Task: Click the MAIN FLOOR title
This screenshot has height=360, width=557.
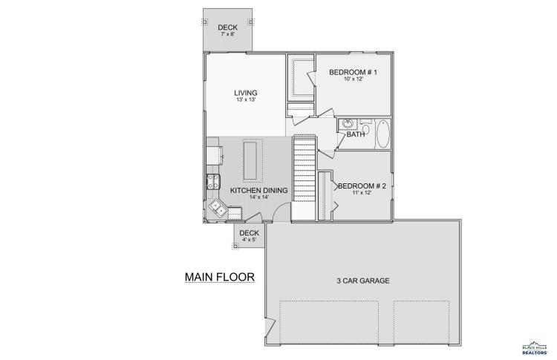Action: [220, 277]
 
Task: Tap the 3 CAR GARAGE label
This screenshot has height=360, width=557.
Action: [362, 281]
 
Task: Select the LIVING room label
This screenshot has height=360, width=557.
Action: [246, 93]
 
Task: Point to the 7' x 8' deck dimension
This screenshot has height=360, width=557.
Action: [228, 34]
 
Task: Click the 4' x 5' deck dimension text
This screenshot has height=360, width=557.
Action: [249, 240]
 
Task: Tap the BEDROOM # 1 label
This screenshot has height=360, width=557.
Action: [353, 73]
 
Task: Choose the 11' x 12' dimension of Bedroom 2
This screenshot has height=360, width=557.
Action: [362, 193]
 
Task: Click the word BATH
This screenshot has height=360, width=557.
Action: [355, 134]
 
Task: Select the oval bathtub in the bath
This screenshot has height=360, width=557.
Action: [382, 134]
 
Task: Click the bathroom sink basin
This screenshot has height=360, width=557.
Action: [348, 124]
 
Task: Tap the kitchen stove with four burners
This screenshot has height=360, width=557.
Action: [213, 181]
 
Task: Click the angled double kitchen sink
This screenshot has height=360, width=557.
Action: [218, 208]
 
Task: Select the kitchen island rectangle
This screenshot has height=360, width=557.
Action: [250, 161]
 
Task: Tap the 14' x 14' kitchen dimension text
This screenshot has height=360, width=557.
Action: [259, 197]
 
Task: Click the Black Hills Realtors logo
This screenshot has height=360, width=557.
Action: [535, 347]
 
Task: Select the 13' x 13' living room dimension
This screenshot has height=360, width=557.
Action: [246, 99]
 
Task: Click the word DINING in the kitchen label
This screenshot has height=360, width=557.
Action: [276, 190]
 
